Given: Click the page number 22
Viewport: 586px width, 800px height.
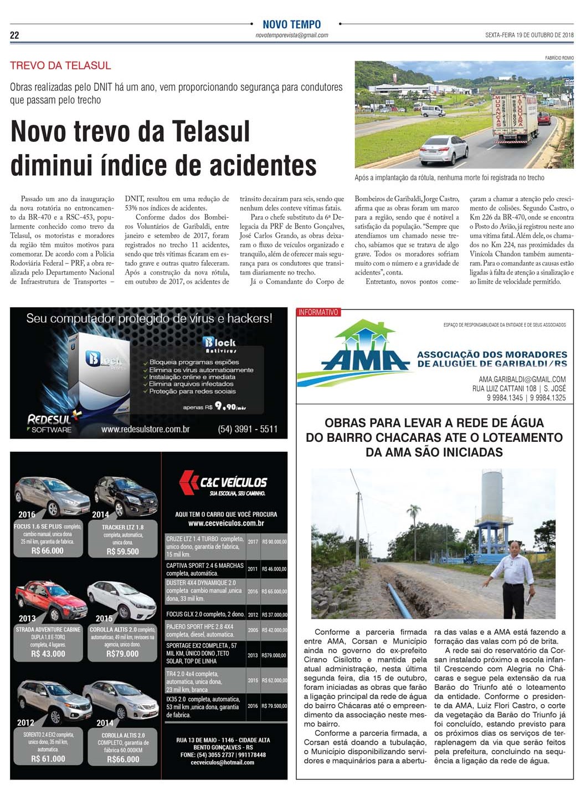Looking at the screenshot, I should pos(14,35).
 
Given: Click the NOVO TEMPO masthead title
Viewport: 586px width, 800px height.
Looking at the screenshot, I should pos(291,24).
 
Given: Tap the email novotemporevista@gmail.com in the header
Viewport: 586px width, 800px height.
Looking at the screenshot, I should pos(291,35).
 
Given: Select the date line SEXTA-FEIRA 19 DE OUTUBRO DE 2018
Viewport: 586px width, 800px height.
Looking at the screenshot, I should pos(529,35).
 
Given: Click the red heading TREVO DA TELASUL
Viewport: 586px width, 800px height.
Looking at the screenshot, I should pos(60,65).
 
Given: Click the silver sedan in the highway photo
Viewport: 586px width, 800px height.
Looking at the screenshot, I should pos(444,149).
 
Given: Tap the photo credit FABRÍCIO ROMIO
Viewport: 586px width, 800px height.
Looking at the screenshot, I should pos(559,58).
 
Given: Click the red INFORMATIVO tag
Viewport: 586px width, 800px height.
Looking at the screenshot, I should pos(318,312).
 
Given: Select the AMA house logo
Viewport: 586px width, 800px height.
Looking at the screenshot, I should pos(365,347).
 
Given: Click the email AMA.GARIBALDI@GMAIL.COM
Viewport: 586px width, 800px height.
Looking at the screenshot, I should pos(522,379).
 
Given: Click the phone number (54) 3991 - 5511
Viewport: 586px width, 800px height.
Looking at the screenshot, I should pos(248,429).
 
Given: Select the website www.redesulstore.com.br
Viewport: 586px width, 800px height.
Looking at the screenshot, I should pos(145,429).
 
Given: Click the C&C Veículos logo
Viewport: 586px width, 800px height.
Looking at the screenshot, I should pos(224,482).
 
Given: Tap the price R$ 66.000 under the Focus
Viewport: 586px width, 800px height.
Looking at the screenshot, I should pos(48,551).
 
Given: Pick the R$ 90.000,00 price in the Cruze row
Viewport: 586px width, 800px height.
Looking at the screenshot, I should pos(274,542).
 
